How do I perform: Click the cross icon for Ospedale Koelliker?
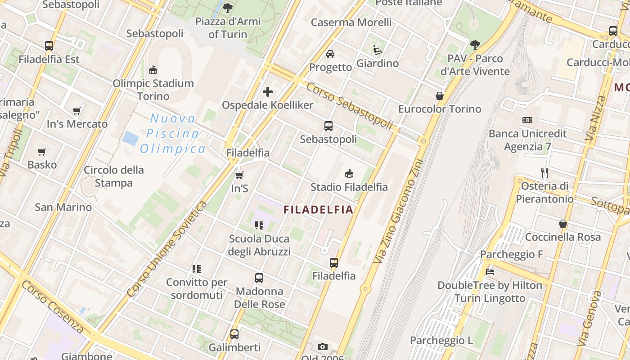coord(268,92)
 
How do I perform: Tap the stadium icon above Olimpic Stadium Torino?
coord(153,70)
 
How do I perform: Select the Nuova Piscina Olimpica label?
coord(173,134)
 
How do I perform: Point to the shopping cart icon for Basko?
coord(42,152)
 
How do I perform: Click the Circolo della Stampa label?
coord(114,176)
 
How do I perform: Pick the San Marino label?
coord(63,207)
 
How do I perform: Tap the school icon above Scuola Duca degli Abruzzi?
coord(259,225)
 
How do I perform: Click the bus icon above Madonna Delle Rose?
coord(259,278)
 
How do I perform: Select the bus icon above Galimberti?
coord(234,334)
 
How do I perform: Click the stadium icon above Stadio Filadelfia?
coord(349,174)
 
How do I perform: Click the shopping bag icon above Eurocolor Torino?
coord(440,96)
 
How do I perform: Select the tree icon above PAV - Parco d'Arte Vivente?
coord(475,45)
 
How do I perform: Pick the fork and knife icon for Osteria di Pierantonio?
coord(544,172)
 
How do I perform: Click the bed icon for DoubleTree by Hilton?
coord(490,272)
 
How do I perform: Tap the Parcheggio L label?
coord(441,341)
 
